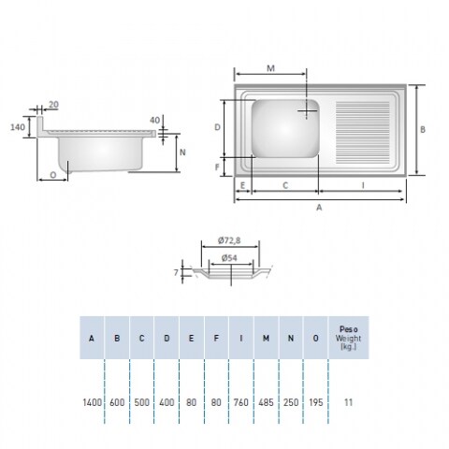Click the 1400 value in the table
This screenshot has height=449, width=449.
(x=93, y=402)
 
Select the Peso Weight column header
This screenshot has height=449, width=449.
(x=348, y=338)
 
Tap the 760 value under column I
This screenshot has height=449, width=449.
(x=241, y=402)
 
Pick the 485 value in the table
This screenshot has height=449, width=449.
(x=266, y=402)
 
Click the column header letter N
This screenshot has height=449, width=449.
(x=291, y=339)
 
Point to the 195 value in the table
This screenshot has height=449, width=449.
(x=315, y=402)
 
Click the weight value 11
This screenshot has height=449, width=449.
(x=348, y=402)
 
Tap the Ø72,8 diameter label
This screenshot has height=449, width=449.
(x=229, y=240)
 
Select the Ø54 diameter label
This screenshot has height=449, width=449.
(x=229, y=258)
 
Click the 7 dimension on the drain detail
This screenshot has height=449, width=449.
(x=176, y=272)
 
